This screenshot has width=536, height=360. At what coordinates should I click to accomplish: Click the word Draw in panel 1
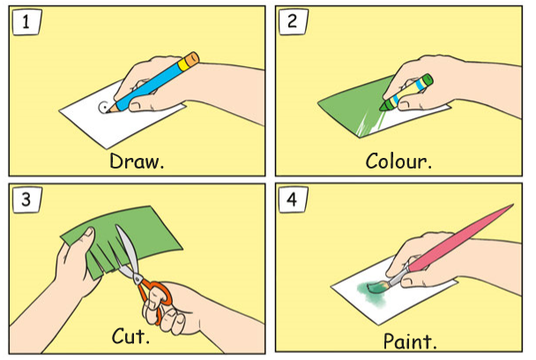tap(135, 161)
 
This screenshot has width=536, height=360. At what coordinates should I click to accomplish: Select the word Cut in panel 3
tap(128, 335)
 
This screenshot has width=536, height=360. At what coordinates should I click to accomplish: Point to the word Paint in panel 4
tap(407, 341)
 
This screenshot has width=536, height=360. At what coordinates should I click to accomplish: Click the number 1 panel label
tap(26, 22)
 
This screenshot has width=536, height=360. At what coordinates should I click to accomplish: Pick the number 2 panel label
tap(293, 21)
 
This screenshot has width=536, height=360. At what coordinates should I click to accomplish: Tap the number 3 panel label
tap(26, 199)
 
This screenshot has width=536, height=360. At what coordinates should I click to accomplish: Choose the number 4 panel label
tap(293, 199)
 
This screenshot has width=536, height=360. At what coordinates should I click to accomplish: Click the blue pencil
tap(153, 82)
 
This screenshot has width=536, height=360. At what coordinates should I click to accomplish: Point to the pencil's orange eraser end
tap(192, 59)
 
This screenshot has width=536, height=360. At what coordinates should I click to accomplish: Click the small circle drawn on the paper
tap(103, 107)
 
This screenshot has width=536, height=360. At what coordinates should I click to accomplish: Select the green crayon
tap(406, 93)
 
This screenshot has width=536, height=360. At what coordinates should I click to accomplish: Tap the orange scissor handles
tap(154, 295)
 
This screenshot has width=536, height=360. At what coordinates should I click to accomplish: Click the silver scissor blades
tap(128, 253)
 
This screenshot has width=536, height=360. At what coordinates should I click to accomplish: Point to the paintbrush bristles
tap(376, 287)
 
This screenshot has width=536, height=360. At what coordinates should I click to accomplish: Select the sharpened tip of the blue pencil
tap(108, 110)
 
